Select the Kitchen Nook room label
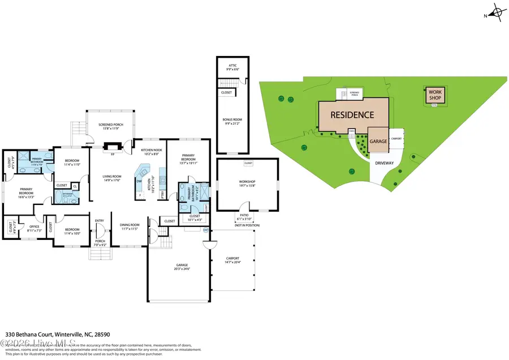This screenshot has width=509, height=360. coord(150,151)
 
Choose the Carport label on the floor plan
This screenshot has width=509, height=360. coord(232,260)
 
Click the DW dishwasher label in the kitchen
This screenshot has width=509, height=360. coord(139,181)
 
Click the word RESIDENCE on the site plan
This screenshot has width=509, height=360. coord(352,115)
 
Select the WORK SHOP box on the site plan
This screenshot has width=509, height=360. coord(434,95)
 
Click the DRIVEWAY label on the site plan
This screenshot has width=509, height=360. coord(386,162)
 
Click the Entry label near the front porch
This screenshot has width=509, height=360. coord(100,221)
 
